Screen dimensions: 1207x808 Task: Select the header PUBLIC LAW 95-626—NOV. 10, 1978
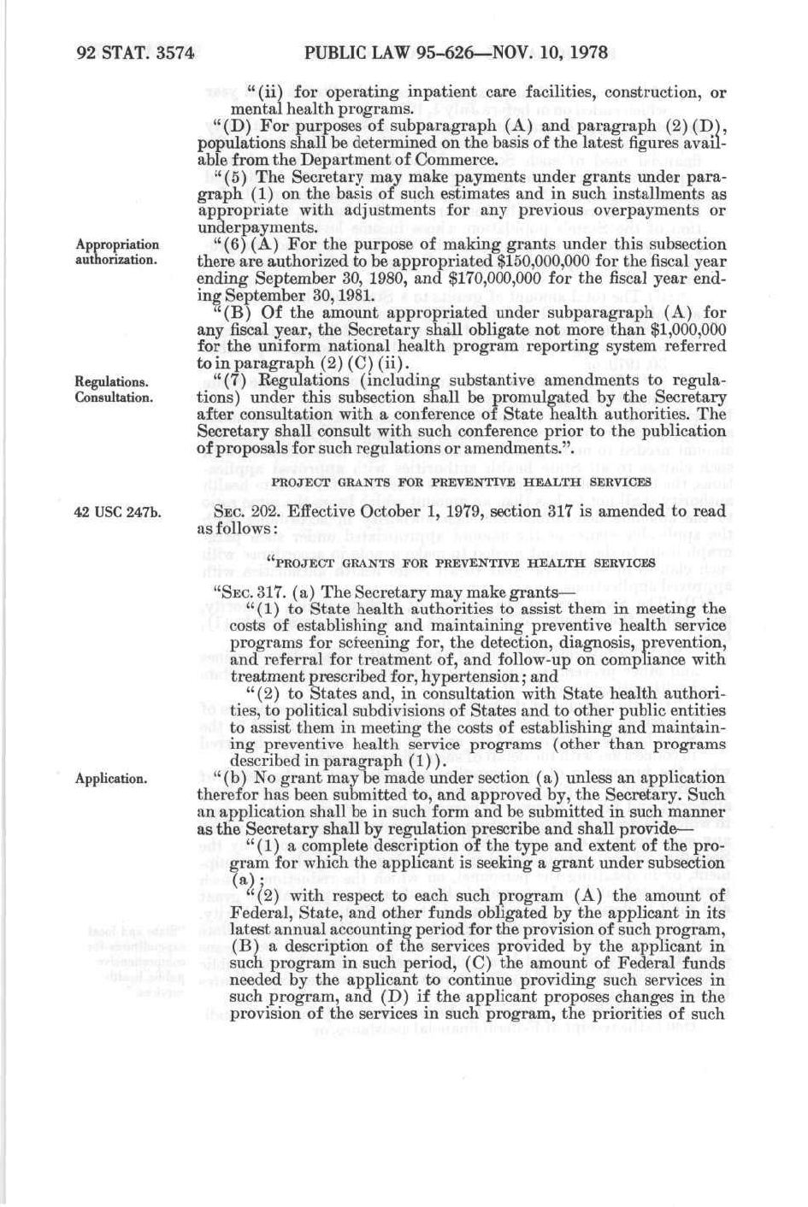pyautogui.click(x=455, y=53)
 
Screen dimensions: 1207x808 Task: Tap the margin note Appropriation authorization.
pyautogui.click(x=116, y=252)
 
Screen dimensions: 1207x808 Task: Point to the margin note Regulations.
pyautogui.click(x=111, y=381)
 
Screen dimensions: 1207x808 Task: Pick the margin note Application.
pyautogui.click(x=110, y=779)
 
